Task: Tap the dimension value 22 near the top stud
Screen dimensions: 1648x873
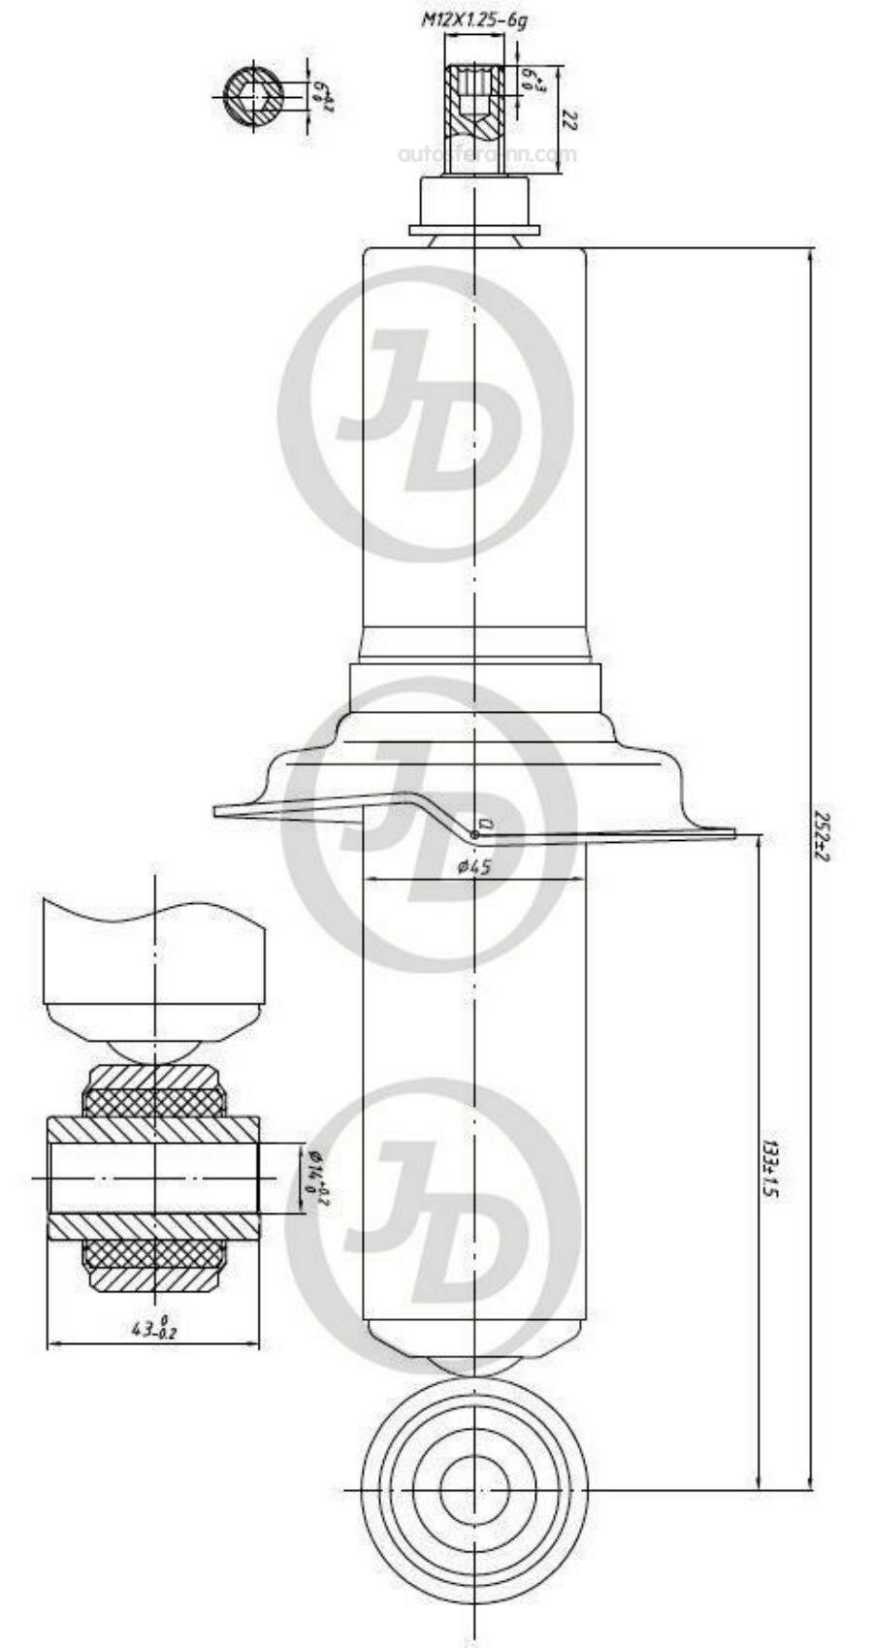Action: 570,120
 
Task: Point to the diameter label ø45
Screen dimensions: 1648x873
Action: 473,866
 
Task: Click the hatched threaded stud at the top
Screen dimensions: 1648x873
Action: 473,102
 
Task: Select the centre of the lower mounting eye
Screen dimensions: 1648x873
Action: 473,1490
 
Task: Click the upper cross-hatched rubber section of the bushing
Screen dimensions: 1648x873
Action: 155,1102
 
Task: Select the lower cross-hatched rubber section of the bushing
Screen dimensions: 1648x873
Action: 155,1256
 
